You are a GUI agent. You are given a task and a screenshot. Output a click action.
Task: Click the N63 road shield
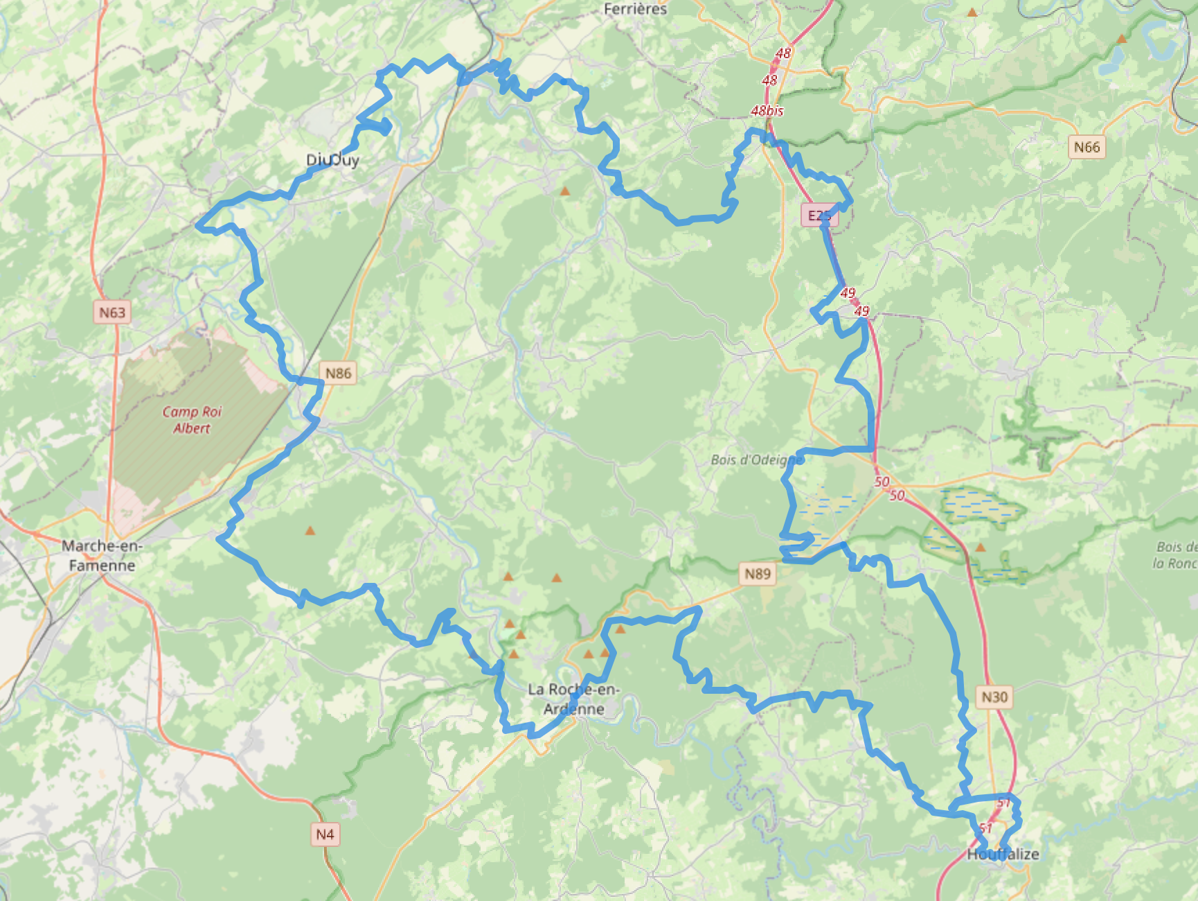(x=112, y=312)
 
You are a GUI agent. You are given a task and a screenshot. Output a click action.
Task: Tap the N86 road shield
(x=339, y=373)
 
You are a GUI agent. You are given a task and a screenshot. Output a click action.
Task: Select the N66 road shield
(x=1087, y=147)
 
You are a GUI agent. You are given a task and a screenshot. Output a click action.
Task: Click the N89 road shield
(x=758, y=573)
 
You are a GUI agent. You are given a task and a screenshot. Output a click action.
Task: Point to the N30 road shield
(x=994, y=697)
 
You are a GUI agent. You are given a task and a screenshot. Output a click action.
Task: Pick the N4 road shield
(x=325, y=834)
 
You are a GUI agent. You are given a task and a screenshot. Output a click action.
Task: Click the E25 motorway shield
(x=819, y=216)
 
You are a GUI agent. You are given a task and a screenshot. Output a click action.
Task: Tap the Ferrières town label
(x=635, y=9)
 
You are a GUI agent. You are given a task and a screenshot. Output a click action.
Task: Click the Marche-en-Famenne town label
(x=102, y=555)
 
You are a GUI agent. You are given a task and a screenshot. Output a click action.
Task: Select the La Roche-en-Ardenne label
(x=573, y=699)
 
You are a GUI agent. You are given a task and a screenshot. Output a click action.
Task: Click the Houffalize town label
(x=1003, y=854)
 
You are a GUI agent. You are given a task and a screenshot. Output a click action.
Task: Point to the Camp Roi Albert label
(x=192, y=419)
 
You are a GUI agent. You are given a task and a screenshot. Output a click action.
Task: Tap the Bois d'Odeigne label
(x=757, y=460)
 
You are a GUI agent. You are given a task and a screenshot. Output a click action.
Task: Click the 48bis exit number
(x=767, y=110)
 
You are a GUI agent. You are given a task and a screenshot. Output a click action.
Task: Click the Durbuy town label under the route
(x=333, y=160)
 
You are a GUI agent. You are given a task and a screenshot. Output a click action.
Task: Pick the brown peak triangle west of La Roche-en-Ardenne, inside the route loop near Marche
(x=310, y=531)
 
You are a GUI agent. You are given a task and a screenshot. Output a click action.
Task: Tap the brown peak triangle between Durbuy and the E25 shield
(x=565, y=191)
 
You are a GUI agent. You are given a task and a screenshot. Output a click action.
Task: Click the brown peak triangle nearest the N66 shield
(x=1121, y=40)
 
